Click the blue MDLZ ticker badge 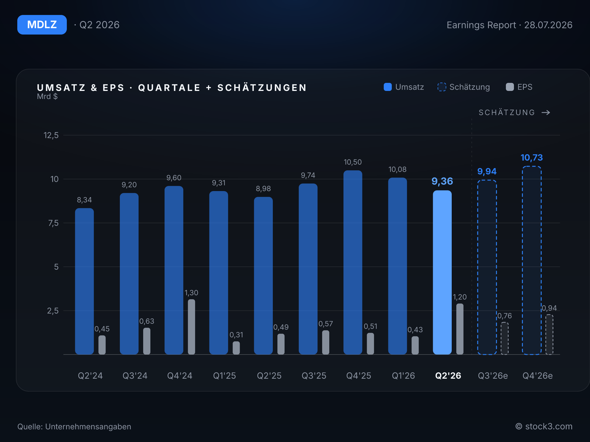point(42,25)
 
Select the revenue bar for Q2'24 point(84,281)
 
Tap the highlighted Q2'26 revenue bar point(442,273)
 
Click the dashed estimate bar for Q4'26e point(532,260)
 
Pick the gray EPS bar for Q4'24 point(191,327)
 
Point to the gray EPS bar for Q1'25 point(236,348)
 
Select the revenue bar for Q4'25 point(353,263)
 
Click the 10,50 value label point(353,162)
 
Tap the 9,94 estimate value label point(487,171)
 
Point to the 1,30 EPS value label point(191,292)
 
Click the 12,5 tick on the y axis point(51,135)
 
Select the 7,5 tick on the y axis point(53,223)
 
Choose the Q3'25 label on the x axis point(314,375)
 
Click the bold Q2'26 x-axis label point(448,375)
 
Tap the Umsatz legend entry point(404,87)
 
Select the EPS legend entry point(519,87)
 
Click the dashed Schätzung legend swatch point(442,87)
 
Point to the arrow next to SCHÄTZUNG point(546,112)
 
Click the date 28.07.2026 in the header point(548,25)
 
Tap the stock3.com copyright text point(544,427)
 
